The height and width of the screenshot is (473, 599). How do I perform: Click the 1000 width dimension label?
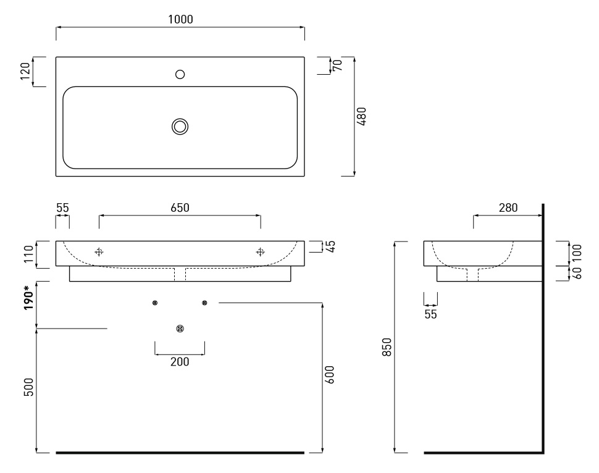[180, 19]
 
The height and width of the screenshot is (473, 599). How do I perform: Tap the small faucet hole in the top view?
[180, 74]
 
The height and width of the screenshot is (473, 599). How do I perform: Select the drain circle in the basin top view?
[180, 127]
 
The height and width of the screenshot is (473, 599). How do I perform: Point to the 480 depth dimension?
[361, 116]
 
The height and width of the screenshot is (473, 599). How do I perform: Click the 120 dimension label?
[25, 71]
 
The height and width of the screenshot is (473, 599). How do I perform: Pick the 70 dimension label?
[338, 65]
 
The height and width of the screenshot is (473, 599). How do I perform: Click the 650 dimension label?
[180, 207]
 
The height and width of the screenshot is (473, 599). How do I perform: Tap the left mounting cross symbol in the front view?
[99, 252]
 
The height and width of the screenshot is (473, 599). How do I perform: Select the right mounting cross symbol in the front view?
[260, 252]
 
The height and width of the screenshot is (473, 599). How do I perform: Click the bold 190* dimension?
[28, 297]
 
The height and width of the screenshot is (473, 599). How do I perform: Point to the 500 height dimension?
[28, 387]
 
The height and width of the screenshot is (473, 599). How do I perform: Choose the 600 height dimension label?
[329, 375]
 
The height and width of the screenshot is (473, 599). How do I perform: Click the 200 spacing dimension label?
[180, 361]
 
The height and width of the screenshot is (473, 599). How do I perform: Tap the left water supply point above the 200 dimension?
[155, 303]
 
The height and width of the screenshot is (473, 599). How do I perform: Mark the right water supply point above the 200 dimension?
[204, 303]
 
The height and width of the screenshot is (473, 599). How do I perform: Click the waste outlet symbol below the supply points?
[180, 329]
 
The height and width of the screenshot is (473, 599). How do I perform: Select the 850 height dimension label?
[387, 347]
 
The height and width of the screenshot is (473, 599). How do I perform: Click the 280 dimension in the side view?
[508, 207]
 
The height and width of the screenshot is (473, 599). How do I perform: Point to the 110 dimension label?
[28, 254]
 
